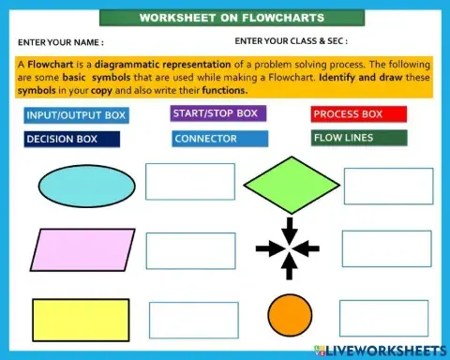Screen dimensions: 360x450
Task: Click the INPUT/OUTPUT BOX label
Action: tap(77, 115)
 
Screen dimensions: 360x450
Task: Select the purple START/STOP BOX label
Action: tap(218, 113)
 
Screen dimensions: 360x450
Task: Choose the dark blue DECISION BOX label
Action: tap(72, 139)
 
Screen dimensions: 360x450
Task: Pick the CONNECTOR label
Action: tap(220, 139)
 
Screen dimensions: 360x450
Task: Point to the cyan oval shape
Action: tap(84, 185)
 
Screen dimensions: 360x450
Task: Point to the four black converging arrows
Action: tap(290, 248)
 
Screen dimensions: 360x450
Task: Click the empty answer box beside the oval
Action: tap(189, 182)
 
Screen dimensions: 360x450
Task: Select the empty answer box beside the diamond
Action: tap(388, 187)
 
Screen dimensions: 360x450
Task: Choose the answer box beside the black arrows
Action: tap(386, 248)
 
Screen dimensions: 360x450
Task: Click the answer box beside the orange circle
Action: tap(192, 320)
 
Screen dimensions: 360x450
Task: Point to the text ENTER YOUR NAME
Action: tap(61, 42)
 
